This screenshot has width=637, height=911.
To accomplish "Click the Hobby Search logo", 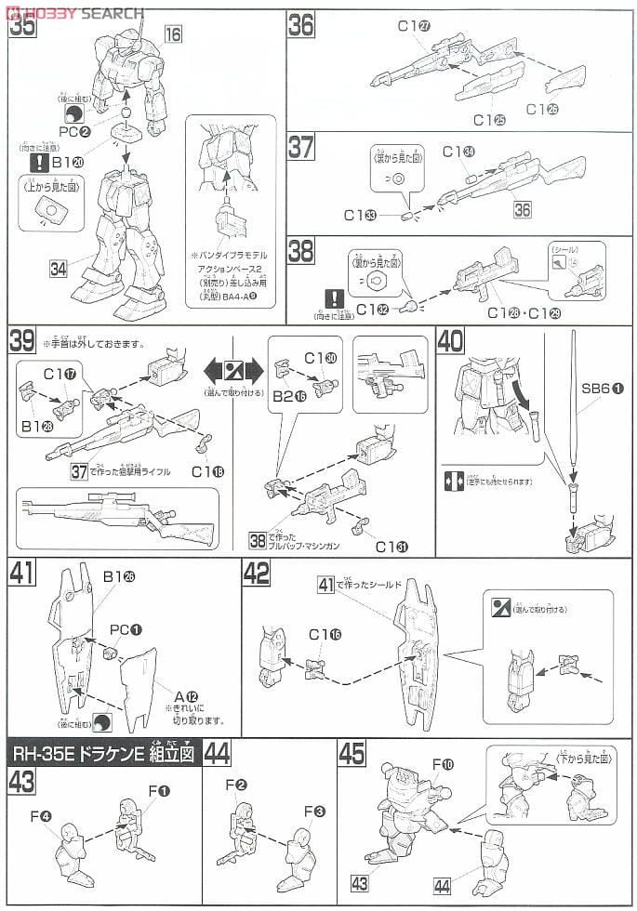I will (74, 11).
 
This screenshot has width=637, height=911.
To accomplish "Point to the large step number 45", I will (352, 753).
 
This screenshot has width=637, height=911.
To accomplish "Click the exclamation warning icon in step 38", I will (332, 298).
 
